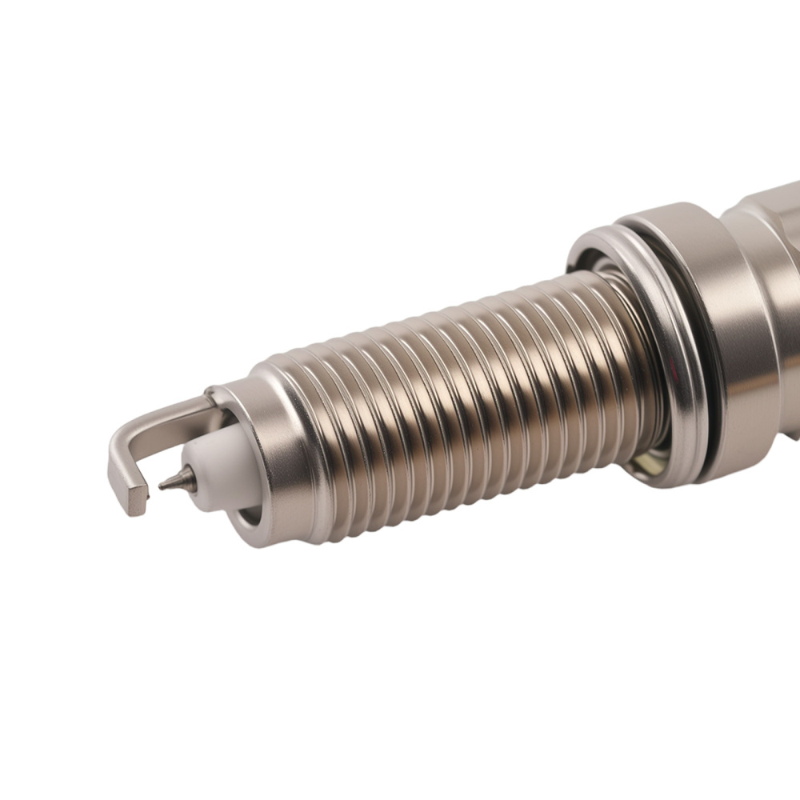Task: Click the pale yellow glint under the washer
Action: pos(644,462)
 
